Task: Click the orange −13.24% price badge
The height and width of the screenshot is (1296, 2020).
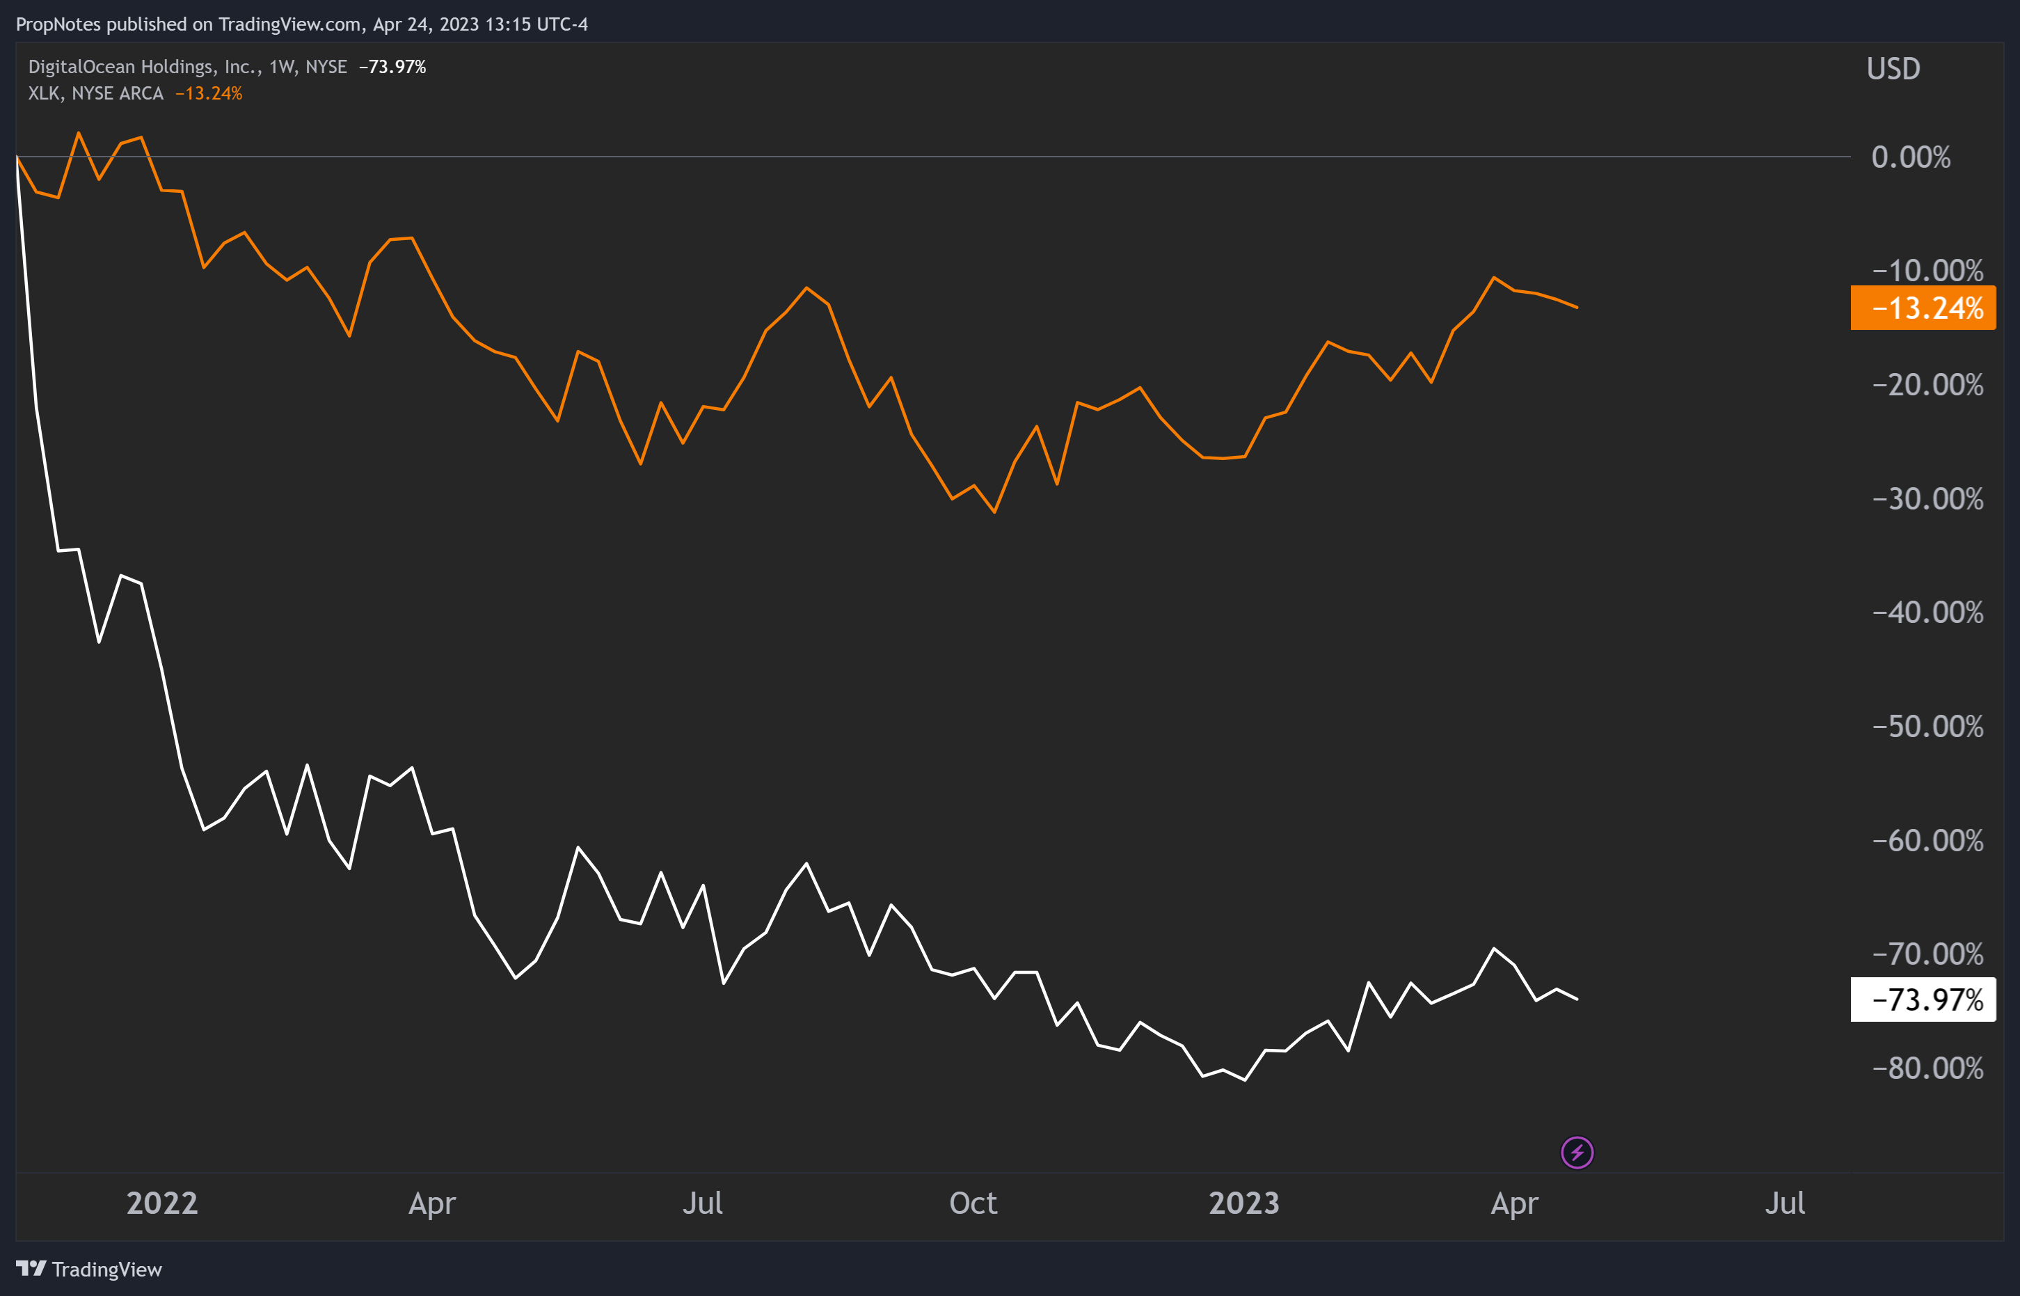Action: point(1923,308)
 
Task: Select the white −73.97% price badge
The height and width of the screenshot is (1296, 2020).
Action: point(1923,999)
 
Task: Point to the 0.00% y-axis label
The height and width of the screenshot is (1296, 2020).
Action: point(1911,157)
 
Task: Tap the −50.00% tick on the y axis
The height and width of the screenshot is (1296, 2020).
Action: point(1927,726)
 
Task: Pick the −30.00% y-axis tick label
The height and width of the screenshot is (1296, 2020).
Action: point(1927,499)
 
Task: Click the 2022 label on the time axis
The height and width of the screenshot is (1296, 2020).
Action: point(161,1203)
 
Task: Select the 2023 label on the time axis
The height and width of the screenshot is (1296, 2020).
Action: point(1243,1203)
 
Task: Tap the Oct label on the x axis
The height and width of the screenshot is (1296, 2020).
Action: point(973,1203)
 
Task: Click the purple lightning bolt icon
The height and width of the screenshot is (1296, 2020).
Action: point(1577,1152)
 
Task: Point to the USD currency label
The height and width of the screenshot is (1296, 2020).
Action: point(1893,69)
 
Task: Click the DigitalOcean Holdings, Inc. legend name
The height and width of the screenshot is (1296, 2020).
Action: point(144,67)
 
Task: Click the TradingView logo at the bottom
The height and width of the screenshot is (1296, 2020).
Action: point(89,1269)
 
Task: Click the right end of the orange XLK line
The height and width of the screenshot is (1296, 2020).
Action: point(1577,307)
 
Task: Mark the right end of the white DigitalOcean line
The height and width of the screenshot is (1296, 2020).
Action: point(1577,999)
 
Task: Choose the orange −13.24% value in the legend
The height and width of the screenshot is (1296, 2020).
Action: point(209,93)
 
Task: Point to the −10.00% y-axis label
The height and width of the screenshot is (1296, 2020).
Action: point(1927,271)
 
